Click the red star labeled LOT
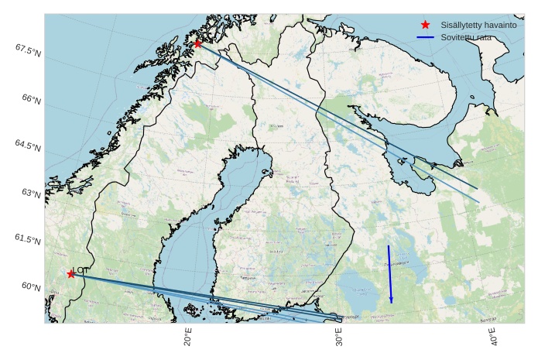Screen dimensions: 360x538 point(71,274)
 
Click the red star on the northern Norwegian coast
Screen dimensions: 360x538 point(198,43)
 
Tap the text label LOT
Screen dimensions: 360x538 point(81,269)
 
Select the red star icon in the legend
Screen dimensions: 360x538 point(425,25)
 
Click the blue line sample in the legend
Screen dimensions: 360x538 point(425,37)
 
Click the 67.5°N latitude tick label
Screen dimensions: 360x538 point(27,50)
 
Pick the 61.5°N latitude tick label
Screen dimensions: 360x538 point(27,240)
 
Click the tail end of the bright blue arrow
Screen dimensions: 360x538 point(389,246)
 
